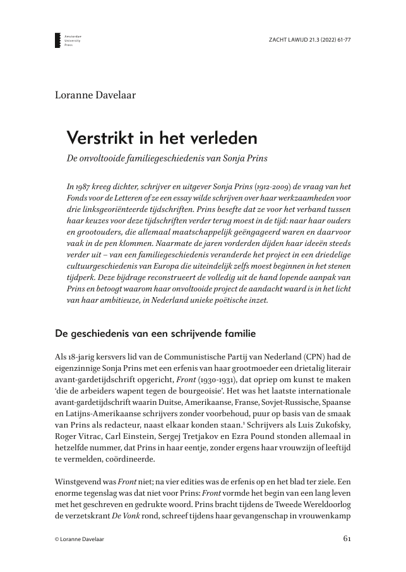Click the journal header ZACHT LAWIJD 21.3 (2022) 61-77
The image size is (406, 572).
tap(309, 39)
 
